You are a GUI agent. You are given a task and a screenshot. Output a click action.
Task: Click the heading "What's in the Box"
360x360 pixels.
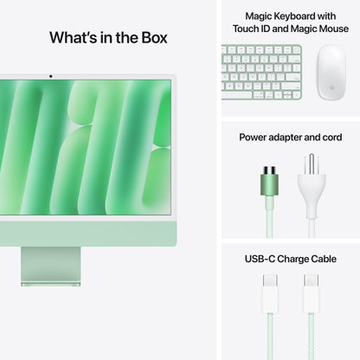[108, 37]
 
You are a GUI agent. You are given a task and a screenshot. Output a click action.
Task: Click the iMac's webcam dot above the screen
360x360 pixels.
[50, 76]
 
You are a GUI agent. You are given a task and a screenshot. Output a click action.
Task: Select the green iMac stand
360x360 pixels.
[50, 265]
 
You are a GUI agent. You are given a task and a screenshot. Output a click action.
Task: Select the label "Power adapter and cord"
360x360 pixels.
[290, 137]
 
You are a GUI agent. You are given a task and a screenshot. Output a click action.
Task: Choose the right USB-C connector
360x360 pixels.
[311, 293]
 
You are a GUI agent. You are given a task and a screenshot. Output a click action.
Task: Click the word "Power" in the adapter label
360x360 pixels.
[254, 137]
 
